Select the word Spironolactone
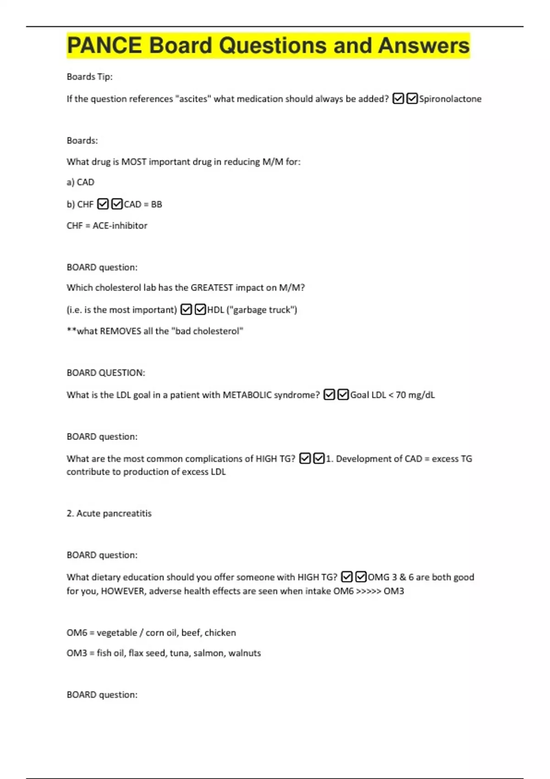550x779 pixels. [x=450, y=99]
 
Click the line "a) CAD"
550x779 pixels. [x=80, y=182]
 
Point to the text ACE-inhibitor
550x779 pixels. [x=120, y=225]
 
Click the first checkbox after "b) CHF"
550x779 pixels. [x=103, y=204]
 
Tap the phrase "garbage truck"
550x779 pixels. [x=262, y=310]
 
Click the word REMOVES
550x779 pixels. [x=121, y=331]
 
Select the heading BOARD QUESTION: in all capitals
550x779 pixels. [x=105, y=373]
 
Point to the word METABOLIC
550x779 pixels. [x=247, y=395]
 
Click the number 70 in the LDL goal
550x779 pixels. [x=401, y=395]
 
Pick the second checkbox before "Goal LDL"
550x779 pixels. [x=343, y=395]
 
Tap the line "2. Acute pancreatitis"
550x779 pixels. [x=109, y=513]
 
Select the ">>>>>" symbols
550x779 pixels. [x=368, y=591]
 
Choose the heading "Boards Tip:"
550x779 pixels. [x=89, y=77]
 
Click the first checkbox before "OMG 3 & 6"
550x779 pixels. [x=347, y=577]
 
